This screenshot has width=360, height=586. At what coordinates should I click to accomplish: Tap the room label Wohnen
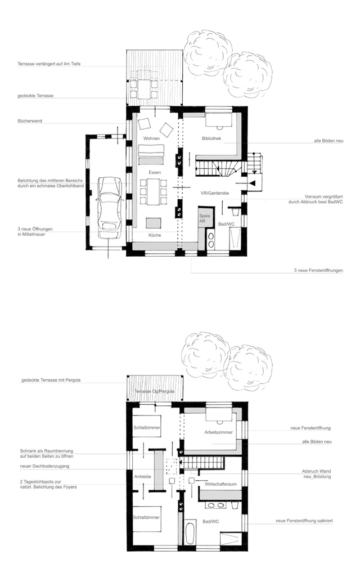tap(151, 138)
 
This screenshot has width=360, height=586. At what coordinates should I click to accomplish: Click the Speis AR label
tap(202, 219)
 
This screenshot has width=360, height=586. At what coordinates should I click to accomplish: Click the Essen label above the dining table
tap(155, 172)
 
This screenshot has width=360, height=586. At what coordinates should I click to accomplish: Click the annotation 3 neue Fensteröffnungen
tap(318, 270)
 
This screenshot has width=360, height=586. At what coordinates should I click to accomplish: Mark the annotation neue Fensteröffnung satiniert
tap(304, 521)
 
